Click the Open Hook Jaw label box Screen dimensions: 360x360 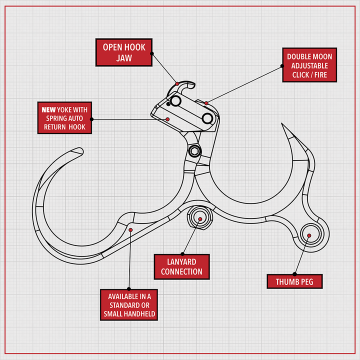pyautogui.click(x=124, y=52)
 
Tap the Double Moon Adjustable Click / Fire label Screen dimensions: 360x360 pyautogui.click(x=309, y=65)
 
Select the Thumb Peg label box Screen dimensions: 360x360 pyautogui.click(x=294, y=281)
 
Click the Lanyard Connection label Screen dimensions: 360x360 pyautogui.click(x=181, y=266)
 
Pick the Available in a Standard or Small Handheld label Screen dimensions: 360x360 pyautogui.click(x=129, y=304)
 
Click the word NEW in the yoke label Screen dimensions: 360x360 pyautogui.click(x=48, y=109)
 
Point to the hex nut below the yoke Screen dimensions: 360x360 pyautogui.click(x=194, y=151)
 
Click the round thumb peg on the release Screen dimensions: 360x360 pyautogui.click(x=309, y=235)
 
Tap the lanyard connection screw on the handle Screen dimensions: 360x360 pyautogui.click(x=198, y=219)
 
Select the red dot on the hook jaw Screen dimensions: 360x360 pyautogui.click(x=177, y=82)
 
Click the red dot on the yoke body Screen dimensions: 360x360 pyautogui.click(x=168, y=119)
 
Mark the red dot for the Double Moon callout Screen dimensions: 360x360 pyautogui.click(x=206, y=103)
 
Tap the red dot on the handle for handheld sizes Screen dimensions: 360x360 pyautogui.click(x=130, y=229)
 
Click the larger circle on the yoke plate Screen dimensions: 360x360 pyautogui.click(x=207, y=118)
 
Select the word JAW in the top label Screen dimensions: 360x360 pyautogui.click(x=124, y=58)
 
